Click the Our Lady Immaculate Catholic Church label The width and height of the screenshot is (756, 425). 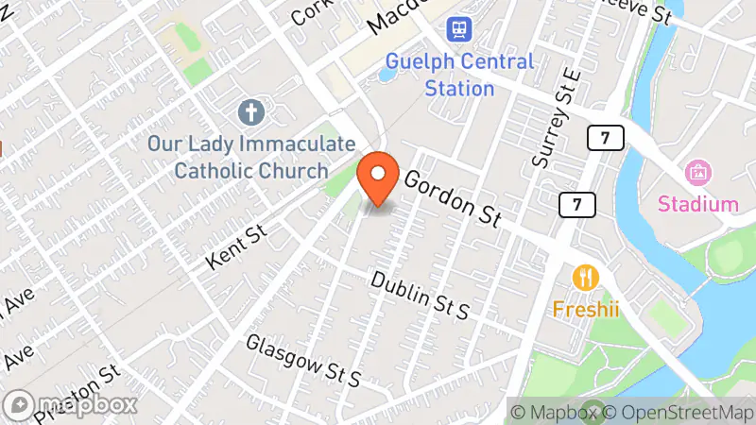coord(251,157)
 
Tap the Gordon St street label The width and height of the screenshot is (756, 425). coord(453,197)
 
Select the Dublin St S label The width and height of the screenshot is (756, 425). coord(420,295)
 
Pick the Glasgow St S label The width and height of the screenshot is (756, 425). coord(303,360)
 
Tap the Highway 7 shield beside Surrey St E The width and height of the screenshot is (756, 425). coord(605,139)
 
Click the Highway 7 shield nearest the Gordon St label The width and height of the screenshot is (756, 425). coord(576,203)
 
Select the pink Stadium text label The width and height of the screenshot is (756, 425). coord(698,204)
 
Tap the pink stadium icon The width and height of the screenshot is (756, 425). coord(698,172)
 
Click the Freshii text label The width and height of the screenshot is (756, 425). coord(585,309)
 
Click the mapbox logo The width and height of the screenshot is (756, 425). coord(72,403)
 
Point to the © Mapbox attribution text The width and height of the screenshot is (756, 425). coord(554,412)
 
